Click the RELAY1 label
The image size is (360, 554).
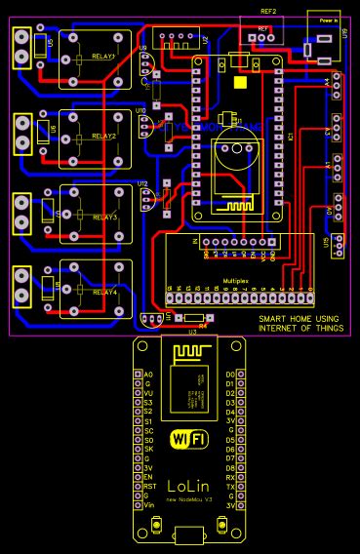point(103,58)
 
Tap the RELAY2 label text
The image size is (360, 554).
point(103,138)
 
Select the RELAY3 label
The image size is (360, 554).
point(103,217)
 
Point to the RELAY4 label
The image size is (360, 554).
point(103,292)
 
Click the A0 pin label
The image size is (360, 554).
point(148,374)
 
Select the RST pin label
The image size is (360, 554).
point(149,486)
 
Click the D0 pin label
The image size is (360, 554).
point(230,374)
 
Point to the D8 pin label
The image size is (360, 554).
point(230,467)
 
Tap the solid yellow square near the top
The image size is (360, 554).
point(241,82)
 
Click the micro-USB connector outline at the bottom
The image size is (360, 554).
point(190,534)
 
